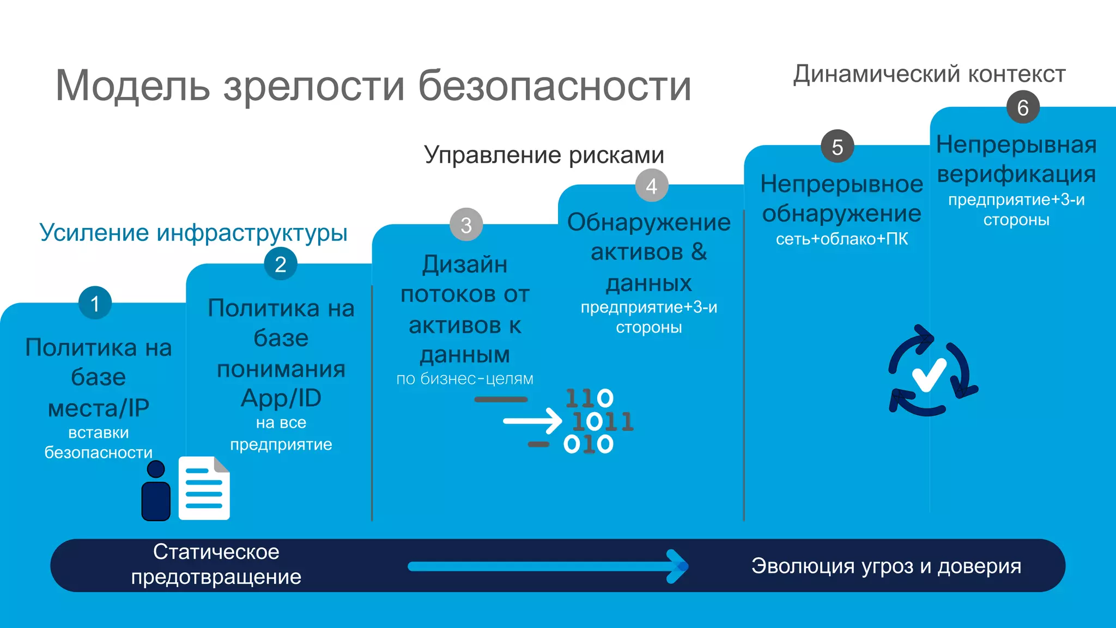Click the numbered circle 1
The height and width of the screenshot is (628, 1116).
point(95,303)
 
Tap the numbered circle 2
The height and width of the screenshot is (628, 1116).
point(280,264)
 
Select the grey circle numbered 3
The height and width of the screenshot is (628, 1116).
point(466,225)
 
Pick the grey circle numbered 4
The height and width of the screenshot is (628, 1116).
point(651,186)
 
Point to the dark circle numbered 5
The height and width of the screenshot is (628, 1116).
point(838,146)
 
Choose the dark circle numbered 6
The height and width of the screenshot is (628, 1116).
point(1023,107)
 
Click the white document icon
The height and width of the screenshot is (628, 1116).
point(204,488)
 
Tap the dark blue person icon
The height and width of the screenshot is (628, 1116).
point(156,491)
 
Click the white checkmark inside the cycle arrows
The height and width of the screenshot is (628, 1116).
point(929,375)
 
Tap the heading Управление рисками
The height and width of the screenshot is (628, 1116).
point(544,155)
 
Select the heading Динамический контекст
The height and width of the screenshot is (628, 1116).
point(929,74)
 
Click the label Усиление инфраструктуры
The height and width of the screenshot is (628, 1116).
point(193,233)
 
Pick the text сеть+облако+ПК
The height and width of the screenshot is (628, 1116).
point(842,239)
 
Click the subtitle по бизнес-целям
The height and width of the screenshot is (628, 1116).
point(465,378)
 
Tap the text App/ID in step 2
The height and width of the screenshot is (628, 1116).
point(281,398)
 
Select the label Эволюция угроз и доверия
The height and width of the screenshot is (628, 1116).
point(886,566)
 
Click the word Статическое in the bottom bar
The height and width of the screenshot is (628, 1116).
point(216,552)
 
